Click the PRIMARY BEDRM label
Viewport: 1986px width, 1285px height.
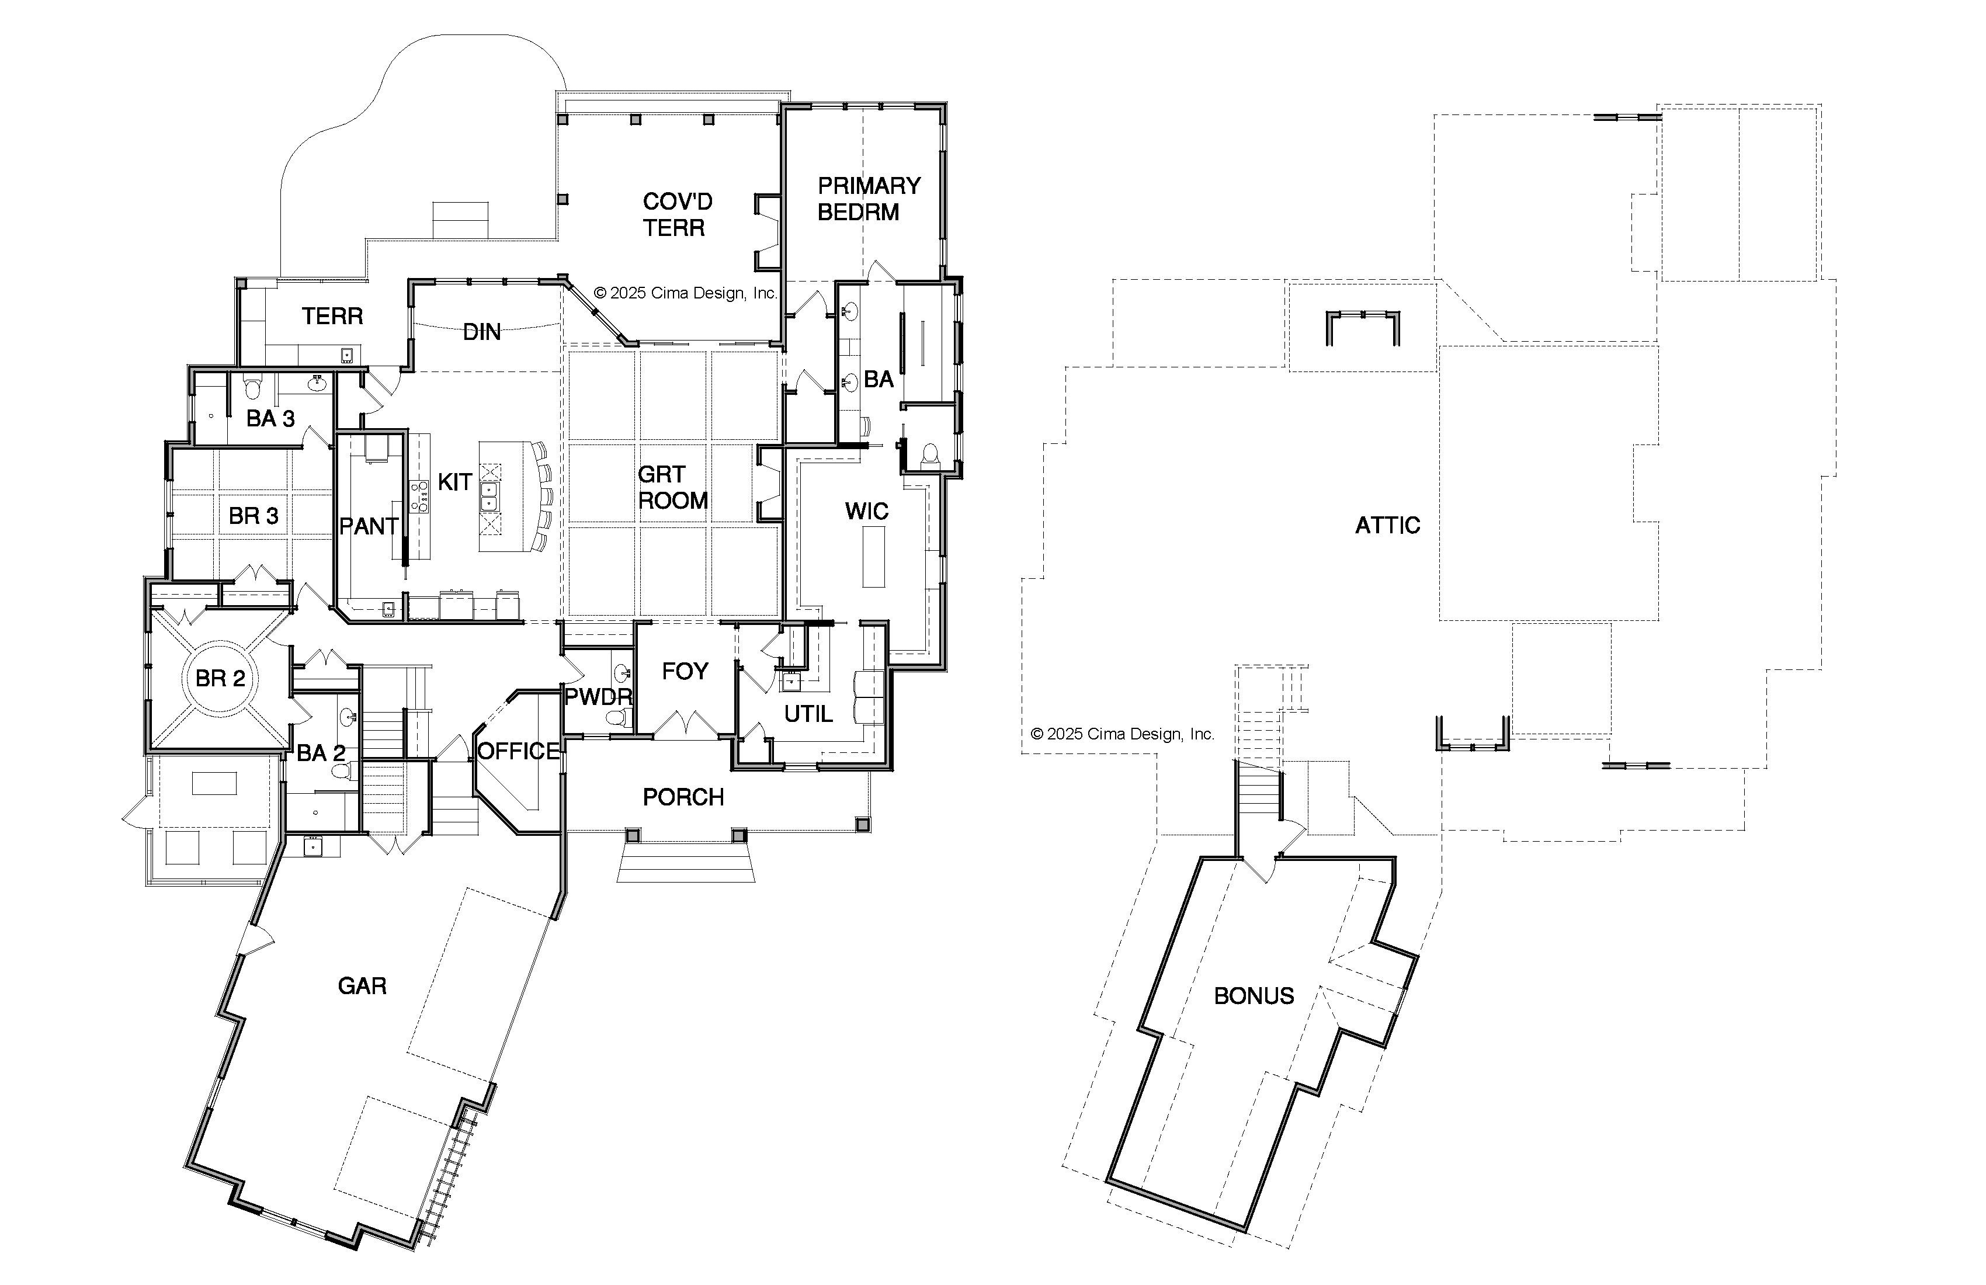coord(868,199)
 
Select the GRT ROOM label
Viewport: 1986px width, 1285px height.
coord(672,487)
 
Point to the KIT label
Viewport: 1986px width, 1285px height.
coord(455,482)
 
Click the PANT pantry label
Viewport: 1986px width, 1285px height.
coord(368,526)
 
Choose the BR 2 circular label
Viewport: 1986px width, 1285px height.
coord(220,678)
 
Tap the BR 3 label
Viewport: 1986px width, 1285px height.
coord(253,516)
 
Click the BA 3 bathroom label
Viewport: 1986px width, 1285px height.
coord(270,419)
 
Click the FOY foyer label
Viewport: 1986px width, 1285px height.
coord(684,672)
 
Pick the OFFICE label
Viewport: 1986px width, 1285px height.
coord(518,752)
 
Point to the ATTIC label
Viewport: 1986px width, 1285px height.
coord(1387,526)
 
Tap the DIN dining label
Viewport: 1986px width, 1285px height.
coord(481,332)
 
